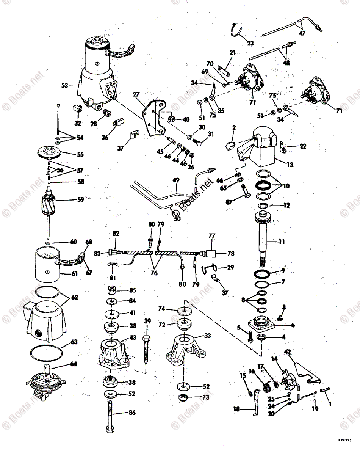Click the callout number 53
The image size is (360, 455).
click(x=64, y=86)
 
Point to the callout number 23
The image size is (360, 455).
click(x=251, y=43)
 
